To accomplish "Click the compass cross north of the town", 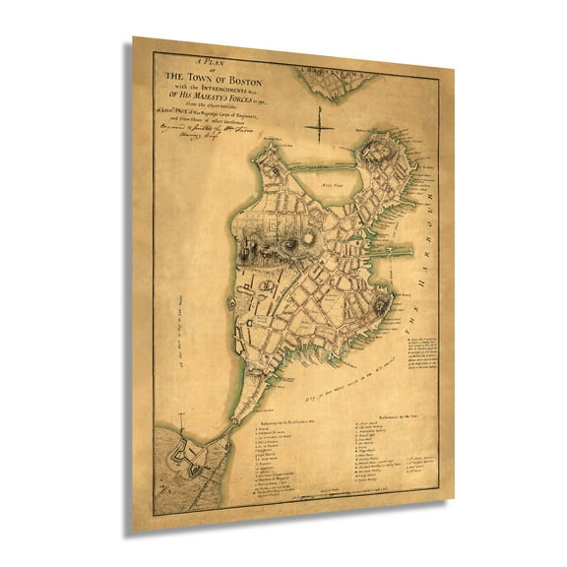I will click(321, 125).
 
